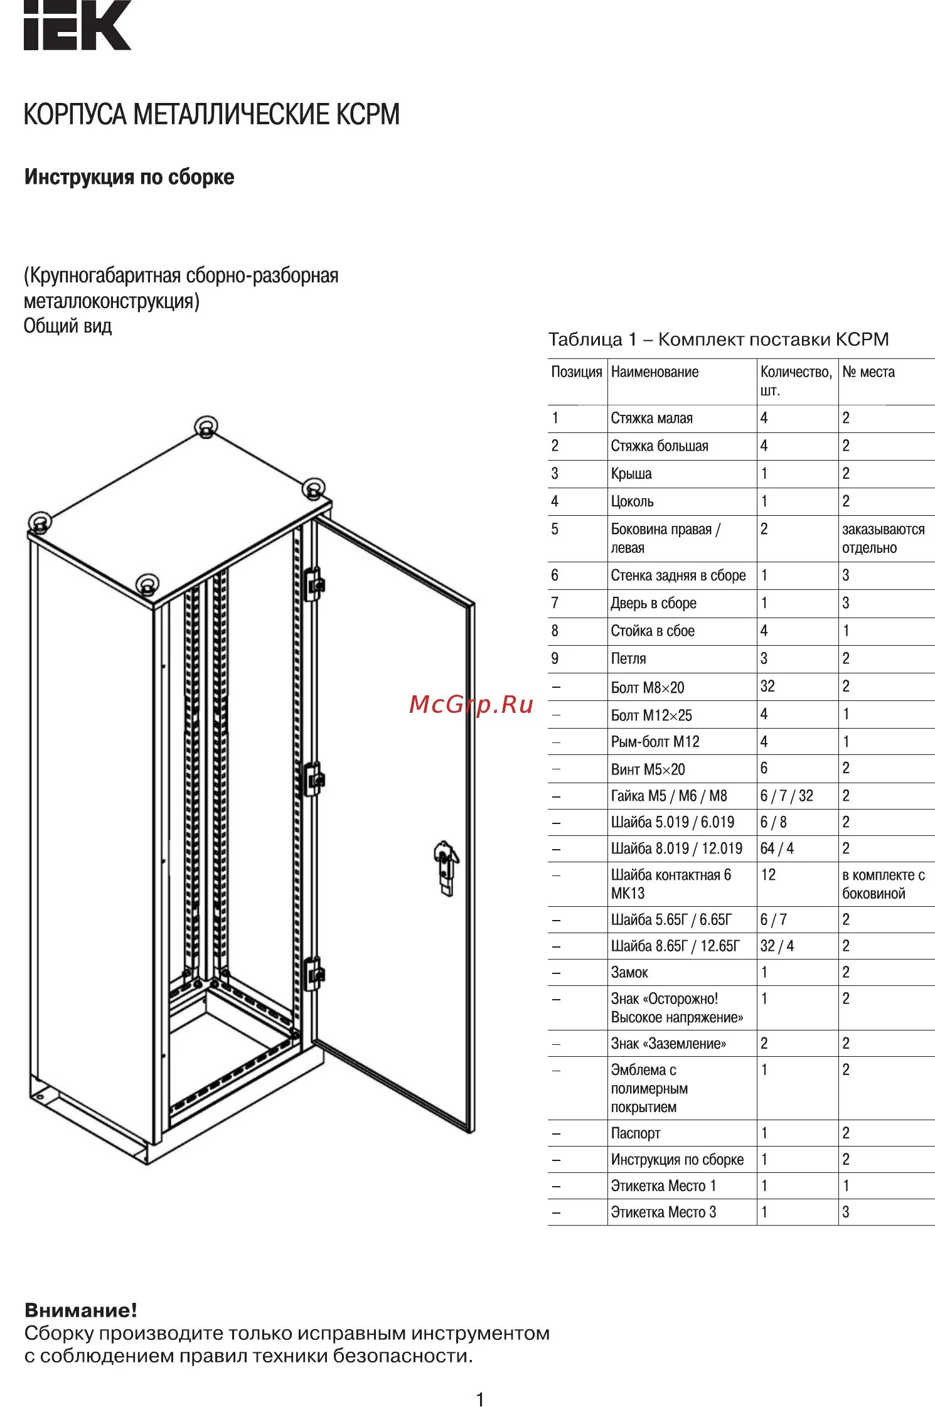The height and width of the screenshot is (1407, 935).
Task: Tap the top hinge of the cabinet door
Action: click(x=314, y=584)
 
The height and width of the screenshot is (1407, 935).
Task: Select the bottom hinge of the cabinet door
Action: click(x=314, y=973)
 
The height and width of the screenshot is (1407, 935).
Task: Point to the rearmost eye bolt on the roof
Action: click(x=205, y=427)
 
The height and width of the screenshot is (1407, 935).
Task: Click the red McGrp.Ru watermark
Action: click(x=471, y=705)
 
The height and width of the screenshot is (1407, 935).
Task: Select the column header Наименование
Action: click(x=654, y=372)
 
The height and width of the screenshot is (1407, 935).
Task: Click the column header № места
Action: click(x=868, y=372)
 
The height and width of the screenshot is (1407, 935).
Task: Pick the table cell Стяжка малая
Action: click(x=651, y=419)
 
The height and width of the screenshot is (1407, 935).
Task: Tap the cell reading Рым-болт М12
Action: click(x=654, y=742)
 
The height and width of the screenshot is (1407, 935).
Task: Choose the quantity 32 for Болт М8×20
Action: click(x=767, y=687)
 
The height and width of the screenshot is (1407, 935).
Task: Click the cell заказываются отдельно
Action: click(x=883, y=538)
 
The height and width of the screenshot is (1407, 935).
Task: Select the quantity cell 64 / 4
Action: click(x=777, y=848)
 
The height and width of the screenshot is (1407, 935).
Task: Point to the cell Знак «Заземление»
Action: click(x=668, y=1044)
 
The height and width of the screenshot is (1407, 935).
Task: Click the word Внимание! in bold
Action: click(x=81, y=1310)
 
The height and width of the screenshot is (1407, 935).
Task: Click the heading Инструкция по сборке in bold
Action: click(x=129, y=177)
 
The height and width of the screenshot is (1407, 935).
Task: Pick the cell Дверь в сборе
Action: click(x=653, y=603)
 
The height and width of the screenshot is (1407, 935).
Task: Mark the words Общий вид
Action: click(x=68, y=326)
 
